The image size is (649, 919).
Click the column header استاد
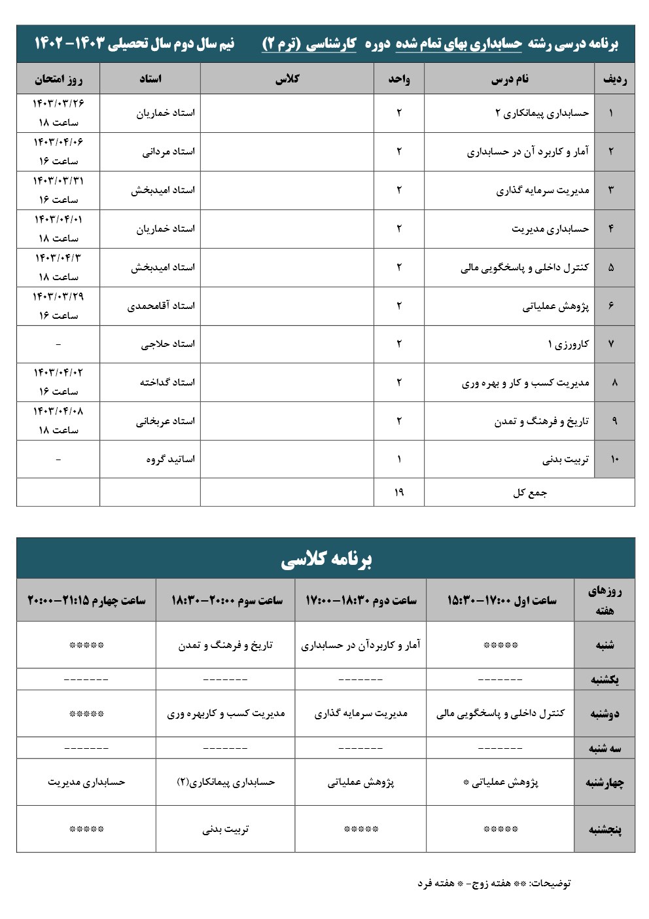coord(150,79)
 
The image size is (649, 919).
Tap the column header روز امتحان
coord(58,79)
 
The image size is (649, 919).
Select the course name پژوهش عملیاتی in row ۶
coord(555,306)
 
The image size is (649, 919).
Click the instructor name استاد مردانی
coord(168,152)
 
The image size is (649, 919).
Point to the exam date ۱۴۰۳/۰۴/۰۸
coord(58,412)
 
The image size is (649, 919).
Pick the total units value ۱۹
coord(399,492)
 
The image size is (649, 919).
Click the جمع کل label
coord(529,492)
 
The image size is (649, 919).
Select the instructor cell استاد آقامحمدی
coord(161,306)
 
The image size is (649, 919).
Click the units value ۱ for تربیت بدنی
coord(399,459)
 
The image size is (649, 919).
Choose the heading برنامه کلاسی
coord(326,559)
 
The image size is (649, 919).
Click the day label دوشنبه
coord(605,714)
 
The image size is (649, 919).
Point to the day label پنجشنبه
coord(605,830)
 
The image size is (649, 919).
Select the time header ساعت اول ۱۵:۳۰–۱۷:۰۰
coord(501,600)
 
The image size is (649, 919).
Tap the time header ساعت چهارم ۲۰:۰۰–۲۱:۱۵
coord(86,600)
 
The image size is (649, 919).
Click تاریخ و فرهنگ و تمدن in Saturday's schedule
coord(225,645)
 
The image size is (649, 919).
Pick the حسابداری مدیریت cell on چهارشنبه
coord(86,782)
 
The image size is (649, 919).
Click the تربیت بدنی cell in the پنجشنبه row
coord(225,830)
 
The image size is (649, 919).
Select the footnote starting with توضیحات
coord(494,884)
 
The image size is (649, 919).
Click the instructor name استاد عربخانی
coord(165,422)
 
